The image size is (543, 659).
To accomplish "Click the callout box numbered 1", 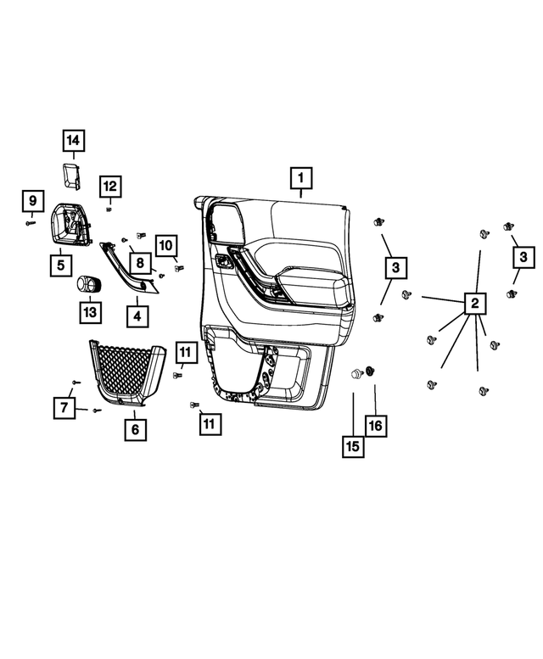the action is [301, 178].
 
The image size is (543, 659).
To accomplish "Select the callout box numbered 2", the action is [475, 303].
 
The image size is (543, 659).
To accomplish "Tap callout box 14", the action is [74, 141].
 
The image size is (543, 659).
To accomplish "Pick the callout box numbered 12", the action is [110, 187].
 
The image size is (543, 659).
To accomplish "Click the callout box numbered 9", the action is [33, 200].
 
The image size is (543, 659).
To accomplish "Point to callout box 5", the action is [61, 265].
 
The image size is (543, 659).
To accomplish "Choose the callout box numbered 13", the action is [91, 312].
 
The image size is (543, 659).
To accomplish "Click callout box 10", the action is [166, 245].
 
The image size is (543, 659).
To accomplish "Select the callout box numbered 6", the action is [136, 429].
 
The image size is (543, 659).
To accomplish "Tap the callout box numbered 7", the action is [64, 408].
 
